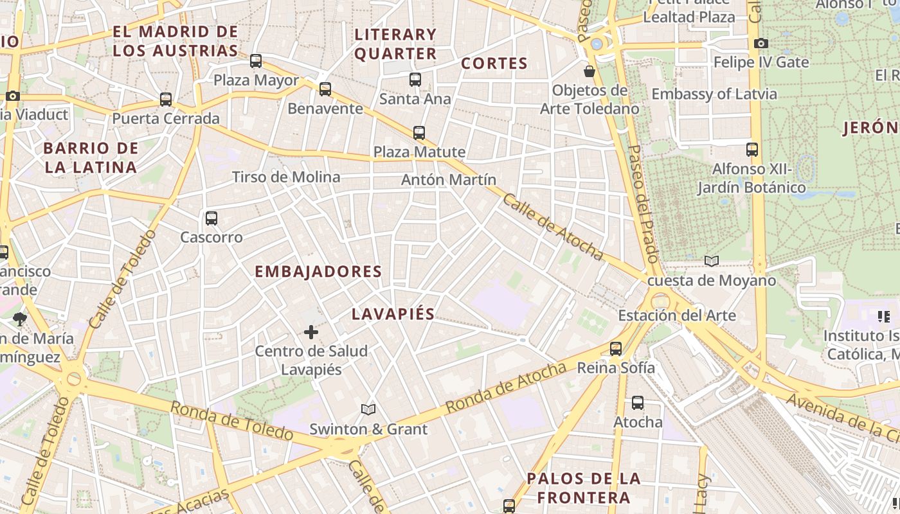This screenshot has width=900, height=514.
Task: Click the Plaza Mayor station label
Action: (256, 80)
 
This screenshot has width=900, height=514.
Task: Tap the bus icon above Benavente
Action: (325, 89)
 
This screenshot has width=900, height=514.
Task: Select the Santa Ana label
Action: (415, 99)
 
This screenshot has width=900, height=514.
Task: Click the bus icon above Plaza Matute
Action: (419, 133)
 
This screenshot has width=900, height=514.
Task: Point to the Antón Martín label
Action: (449, 180)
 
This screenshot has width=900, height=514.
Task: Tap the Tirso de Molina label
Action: (286, 177)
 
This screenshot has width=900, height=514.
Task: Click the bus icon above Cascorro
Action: (212, 218)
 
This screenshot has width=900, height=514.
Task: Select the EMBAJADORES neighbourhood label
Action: (318, 271)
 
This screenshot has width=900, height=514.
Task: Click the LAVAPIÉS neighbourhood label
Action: (393, 314)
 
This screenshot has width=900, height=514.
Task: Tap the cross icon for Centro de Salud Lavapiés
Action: (311, 332)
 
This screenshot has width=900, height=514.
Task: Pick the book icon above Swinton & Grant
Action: (368, 409)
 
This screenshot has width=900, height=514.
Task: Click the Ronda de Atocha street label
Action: (506, 387)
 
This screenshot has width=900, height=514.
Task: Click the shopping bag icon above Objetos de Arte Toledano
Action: (589, 71)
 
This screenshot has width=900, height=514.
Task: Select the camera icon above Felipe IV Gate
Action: (761, 44)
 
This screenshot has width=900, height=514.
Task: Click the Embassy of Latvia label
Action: (714, 94)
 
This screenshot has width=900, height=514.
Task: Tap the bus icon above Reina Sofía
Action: (616, 349)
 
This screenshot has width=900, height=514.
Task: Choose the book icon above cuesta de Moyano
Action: (711, 261)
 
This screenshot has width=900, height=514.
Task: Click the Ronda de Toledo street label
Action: (231, 421)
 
